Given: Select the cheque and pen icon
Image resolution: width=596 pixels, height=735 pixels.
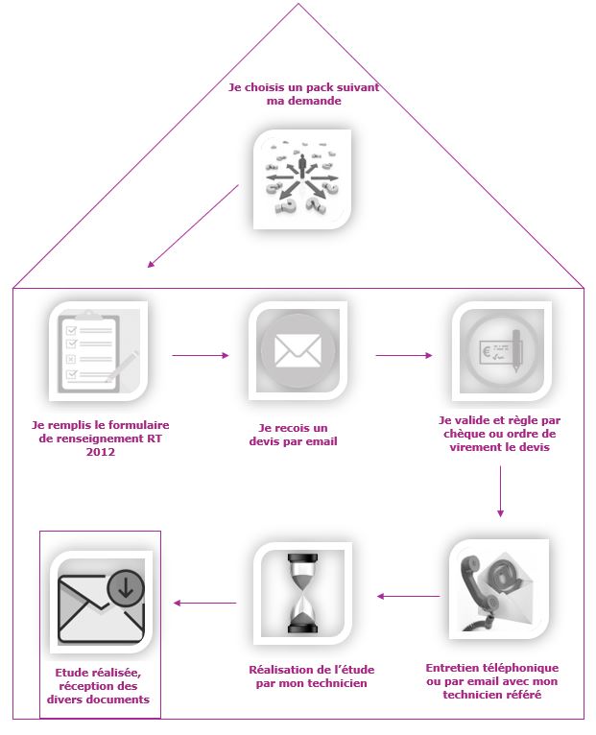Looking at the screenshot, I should (x=501, y=351).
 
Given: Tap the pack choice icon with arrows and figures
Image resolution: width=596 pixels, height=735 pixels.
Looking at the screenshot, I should (x=301, y=178).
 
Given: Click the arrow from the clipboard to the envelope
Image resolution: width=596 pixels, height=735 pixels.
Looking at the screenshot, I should (x=201, y=355).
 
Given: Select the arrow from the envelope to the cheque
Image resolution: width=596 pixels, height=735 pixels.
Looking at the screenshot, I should (x=404, y=355).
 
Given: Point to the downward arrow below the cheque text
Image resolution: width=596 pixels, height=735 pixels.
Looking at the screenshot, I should (x=501, y=498).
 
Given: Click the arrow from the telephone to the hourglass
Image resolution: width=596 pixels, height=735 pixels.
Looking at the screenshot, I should (x=408, y=597).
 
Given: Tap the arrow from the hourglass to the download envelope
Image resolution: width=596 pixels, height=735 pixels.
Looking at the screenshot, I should (x=204, y=603).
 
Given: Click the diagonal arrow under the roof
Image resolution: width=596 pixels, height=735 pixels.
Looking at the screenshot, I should (x=192, y=225).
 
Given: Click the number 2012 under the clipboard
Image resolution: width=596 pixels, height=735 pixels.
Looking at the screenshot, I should (x=100, y=452).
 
